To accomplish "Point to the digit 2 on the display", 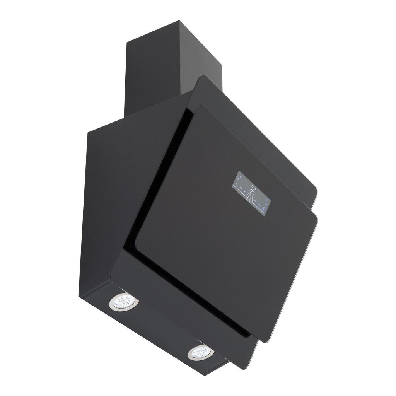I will click(x=255, y=189).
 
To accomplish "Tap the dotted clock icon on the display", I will click(x=251, y=193).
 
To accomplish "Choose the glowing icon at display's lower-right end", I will click(x=263, y=208).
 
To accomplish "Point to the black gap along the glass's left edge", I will click(x=162, y=170).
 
